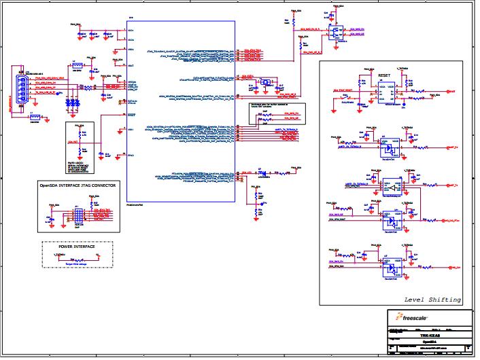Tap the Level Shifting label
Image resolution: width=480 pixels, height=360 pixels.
click(x=432, y=300)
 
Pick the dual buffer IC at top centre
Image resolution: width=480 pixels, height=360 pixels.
click(x=335, y=32)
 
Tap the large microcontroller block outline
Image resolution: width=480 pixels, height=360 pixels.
click(x=181, y=109)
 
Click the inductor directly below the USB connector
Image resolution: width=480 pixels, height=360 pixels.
click(x=35, y=116)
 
